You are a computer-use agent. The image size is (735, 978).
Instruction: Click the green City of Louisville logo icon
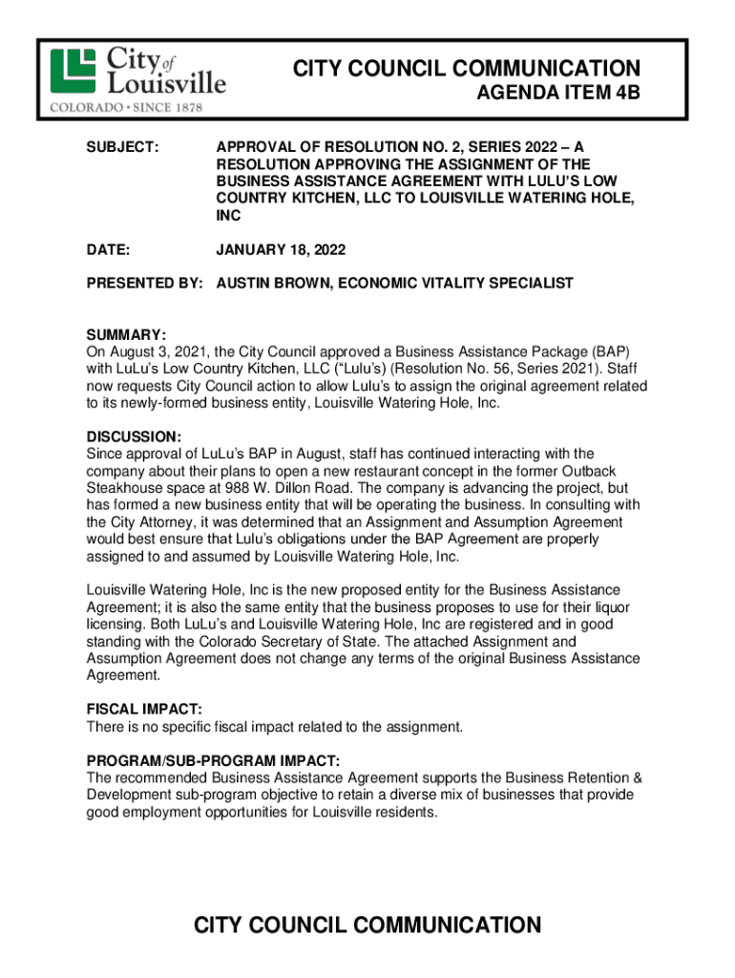click(73, 70)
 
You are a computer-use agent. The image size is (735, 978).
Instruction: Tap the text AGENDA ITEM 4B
click(558, 95)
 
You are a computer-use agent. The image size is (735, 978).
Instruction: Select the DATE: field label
click(108, 249)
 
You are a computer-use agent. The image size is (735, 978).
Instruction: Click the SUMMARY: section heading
click(127, 335)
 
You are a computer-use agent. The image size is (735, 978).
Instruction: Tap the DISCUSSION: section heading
click(134, 436)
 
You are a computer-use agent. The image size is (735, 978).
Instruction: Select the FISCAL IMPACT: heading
click(144, 710)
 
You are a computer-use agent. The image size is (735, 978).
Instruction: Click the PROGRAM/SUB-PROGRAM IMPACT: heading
click(213, 760)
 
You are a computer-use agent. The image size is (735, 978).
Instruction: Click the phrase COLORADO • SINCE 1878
click(126, 108)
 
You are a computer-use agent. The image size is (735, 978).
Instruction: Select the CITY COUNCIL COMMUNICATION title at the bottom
click(367, 925)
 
